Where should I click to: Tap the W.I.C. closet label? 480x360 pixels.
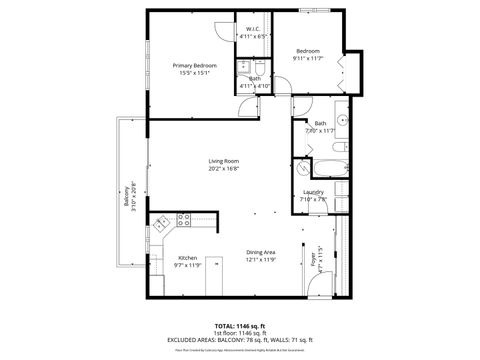254,31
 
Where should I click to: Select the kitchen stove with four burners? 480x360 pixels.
183,219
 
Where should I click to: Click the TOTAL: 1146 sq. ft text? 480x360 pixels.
240,326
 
